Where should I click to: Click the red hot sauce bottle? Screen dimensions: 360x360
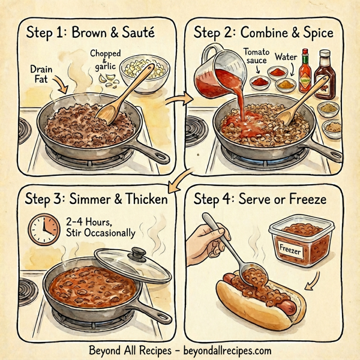(x=305, y=72)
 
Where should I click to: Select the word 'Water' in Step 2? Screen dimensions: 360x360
(x=286, y=57)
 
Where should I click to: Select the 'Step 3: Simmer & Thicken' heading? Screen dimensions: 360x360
(x=94, y=197)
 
